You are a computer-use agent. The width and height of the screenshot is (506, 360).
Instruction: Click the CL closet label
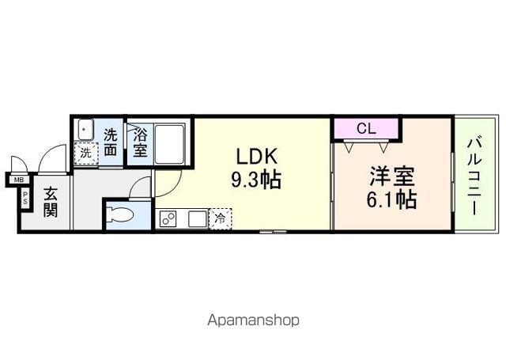365,127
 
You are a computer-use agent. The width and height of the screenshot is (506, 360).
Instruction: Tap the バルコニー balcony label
474,176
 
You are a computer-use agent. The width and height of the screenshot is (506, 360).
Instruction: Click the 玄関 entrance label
49,202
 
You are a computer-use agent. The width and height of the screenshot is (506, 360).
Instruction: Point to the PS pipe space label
25,199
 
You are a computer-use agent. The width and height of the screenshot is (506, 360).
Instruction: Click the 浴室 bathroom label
140,142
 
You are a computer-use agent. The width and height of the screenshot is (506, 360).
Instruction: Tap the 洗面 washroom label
111,142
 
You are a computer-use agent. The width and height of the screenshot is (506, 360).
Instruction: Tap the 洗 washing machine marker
85,152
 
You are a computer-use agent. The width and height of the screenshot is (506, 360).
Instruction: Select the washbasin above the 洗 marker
85,131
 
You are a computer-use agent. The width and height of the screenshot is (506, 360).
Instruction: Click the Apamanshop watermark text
253,320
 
